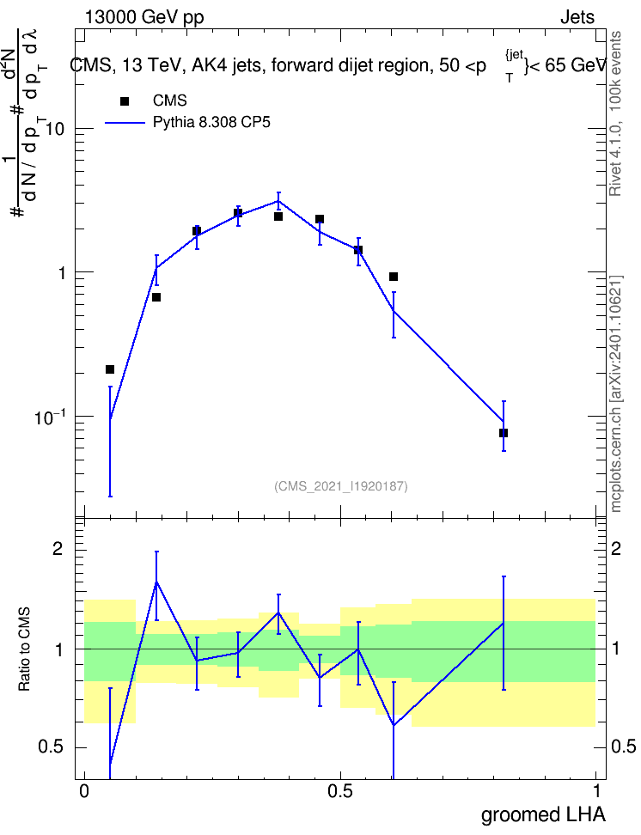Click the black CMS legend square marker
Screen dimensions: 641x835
point(125,101)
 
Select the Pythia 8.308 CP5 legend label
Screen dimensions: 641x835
point(211,123)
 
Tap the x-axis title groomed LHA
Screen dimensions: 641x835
point(543,814)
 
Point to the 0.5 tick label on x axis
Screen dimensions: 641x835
point(340,791)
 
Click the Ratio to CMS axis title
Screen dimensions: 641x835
point(24,649)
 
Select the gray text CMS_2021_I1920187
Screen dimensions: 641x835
point(341,486)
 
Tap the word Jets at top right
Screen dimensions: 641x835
point(577,17)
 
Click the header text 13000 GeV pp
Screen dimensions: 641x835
point(144,17)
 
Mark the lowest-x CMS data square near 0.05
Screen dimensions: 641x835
point(110,369)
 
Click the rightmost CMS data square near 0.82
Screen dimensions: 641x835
point(504,433)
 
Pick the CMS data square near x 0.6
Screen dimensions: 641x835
point(394,277)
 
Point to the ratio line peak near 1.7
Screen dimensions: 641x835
point(156,581)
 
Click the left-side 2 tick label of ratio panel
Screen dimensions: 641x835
point(58,548)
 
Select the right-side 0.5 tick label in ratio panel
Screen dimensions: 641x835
point(623,747)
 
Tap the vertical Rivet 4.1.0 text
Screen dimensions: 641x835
point(615,114)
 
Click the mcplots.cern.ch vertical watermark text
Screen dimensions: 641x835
point(615,394)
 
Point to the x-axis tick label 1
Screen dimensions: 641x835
point(596,791)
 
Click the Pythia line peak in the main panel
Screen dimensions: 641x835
point(278,201)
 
